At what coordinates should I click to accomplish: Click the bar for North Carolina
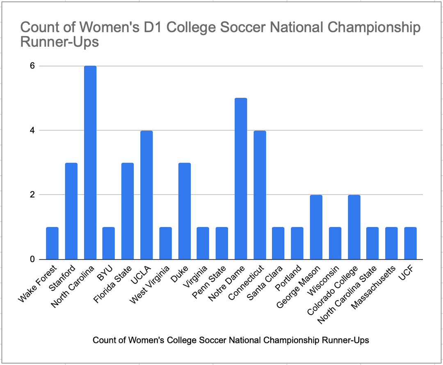(90, 163)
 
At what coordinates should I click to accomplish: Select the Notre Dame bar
(240, 179)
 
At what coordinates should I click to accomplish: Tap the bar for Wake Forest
(52, 243)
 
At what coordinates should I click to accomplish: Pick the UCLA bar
(146, 195)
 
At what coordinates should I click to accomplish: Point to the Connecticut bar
(259, 195)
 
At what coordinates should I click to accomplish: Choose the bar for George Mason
(316, 227)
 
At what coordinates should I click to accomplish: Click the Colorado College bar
(354, 227)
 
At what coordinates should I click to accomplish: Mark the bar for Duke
(184, 211)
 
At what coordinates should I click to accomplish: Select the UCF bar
(410, 243)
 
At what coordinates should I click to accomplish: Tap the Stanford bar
(71, 211)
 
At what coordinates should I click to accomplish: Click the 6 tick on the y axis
(32, 66)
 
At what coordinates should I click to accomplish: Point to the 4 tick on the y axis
(32, 130)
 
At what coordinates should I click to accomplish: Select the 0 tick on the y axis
(32, 259)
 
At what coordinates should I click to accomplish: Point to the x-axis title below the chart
(231, 340)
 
